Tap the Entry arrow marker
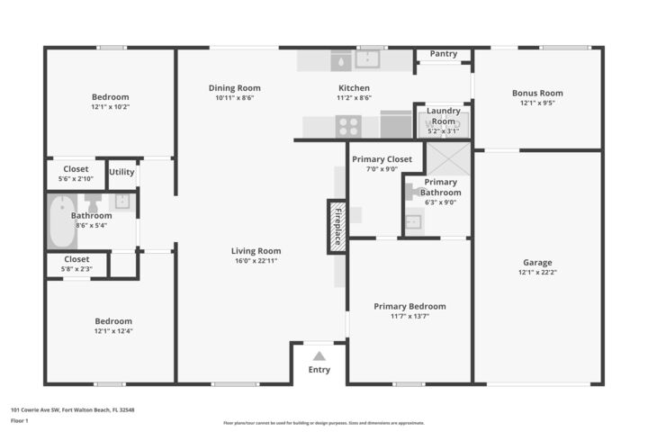pyautogui.click(x=319, y=355)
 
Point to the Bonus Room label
pyautogui.click(x=537, y=93)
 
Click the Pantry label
pyautogui.click(x=443, y=54)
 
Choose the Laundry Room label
pyautogui.click(x=443, y=116)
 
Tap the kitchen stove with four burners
pyautogui.click(x=349, y=126)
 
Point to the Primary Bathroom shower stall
pyautogui.click(x=446, y=160)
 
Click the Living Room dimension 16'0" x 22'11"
pyautogui.click(x=256, y=261)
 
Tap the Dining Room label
pyautogui.click(x=234, y=88)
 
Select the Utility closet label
pyautogui.click(x=121, y=172)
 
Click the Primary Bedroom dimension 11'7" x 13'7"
pyautogui.click(x=409, y=317)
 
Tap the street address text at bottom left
pyautogui.click(x=72, y=409)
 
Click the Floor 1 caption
pyautogui.click(x=20, y=420)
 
